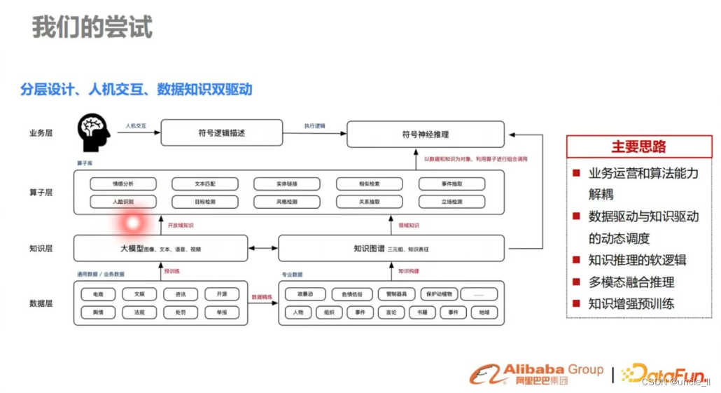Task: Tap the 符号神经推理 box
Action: [426, 134]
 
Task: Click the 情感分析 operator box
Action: [122, 184]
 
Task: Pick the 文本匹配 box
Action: [204, 184]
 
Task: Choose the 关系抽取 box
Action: [369, 202]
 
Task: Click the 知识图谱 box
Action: [391, 248]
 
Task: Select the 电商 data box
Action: [97, 294]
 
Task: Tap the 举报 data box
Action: [221, 312]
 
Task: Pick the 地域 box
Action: [484, 312]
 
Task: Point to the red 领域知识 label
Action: [409, 226]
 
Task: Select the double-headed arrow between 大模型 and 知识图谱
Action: [263, 248]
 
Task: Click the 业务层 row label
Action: [41, 133]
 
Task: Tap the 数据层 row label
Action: [41, 303]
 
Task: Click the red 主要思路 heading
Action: [638, 146]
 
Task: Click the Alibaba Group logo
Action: [535, 373]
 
